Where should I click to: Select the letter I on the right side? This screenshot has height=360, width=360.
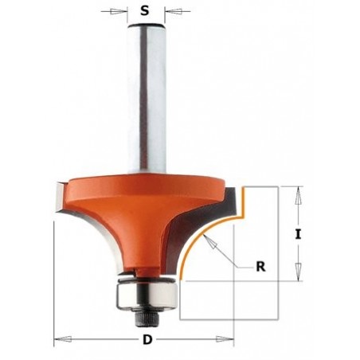tap(297, 234)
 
